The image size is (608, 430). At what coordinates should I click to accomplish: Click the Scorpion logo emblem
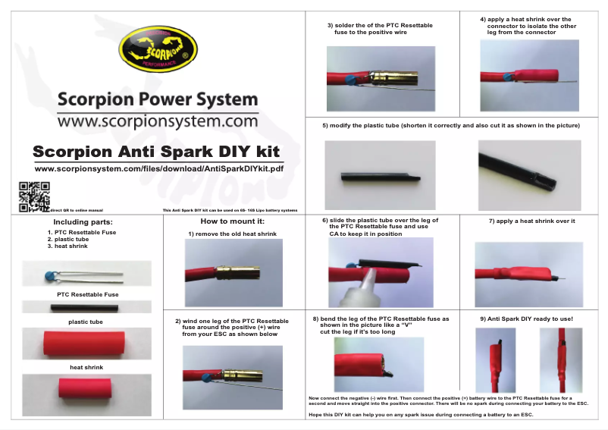click(158, 50)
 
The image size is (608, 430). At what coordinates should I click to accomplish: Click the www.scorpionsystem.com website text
click(158, 121)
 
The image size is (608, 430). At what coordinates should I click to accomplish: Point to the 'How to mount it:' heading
click(232, 221)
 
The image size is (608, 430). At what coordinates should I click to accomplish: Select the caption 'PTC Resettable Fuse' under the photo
click(87, 294)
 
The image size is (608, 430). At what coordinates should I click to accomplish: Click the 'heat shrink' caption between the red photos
click(86, 367)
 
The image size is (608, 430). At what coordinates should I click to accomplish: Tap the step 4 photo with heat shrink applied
click(528, 75)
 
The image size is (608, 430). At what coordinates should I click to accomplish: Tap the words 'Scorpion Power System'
click(158, 99)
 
